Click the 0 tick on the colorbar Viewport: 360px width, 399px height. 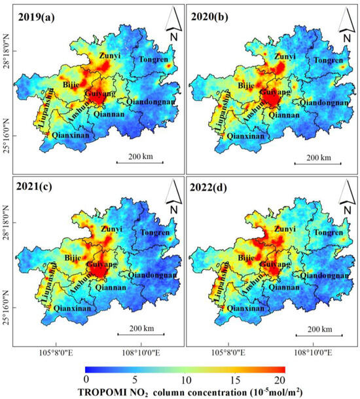click(x=86, y=379)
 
